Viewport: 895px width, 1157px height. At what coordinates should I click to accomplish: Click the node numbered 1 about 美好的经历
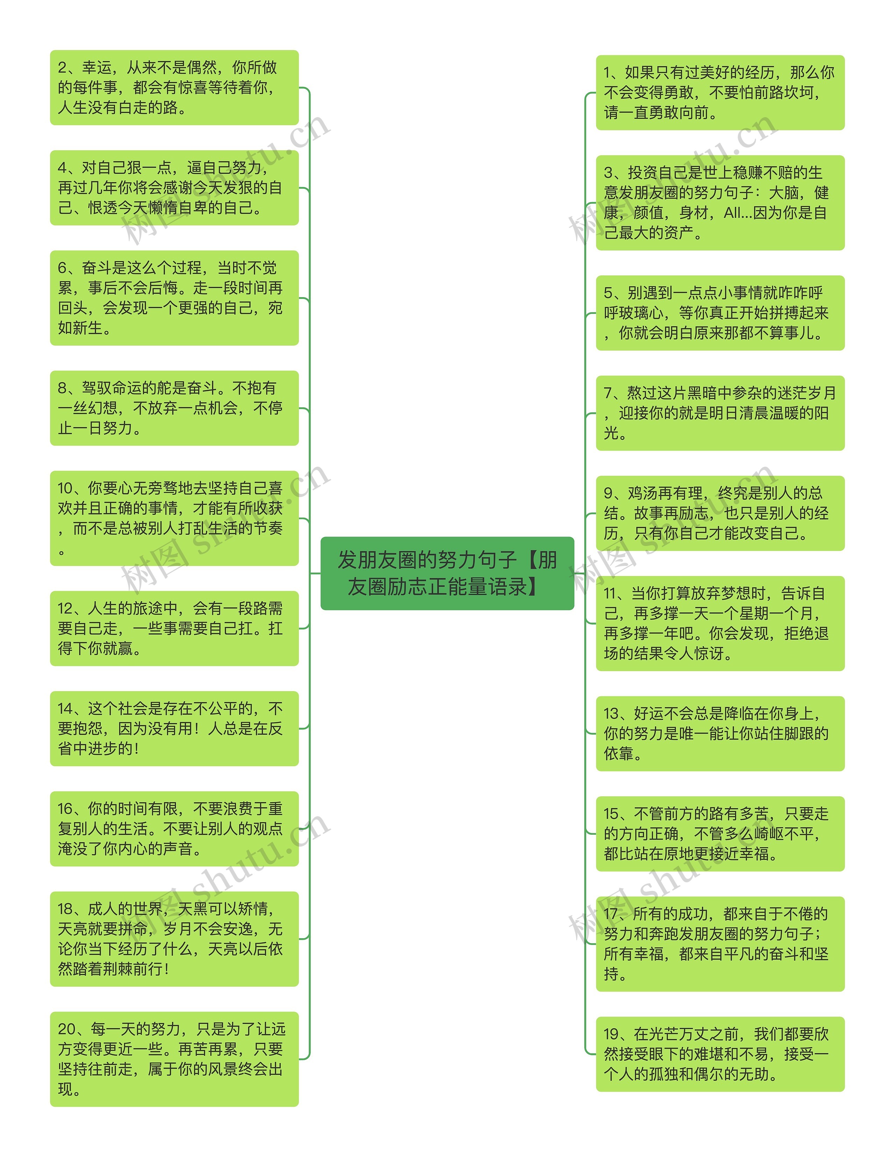[719, 92]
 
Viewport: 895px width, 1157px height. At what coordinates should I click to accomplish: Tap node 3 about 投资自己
[719, 202]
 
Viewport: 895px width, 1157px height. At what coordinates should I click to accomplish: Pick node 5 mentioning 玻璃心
[719, 312]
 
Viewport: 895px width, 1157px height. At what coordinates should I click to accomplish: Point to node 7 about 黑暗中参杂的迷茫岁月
[719, 413]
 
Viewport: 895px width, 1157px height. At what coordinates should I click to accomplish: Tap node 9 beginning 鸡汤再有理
[719, 513]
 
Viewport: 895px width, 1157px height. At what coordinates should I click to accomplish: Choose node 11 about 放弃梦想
[719, 623]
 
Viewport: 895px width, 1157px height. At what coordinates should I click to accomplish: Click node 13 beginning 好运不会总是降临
[719, 733]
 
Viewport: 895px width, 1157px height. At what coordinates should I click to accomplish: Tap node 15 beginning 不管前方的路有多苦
[719, 833]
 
